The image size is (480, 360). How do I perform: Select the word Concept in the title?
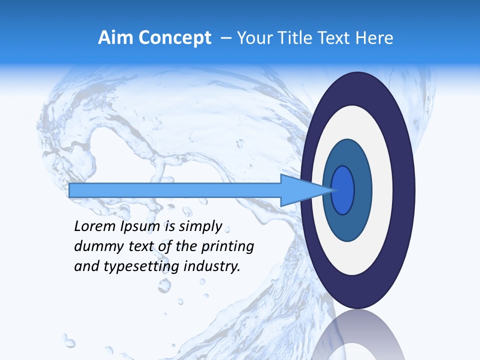point(174,38)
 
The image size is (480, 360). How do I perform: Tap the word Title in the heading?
point(298,38)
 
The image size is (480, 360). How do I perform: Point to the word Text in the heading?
point(336,38)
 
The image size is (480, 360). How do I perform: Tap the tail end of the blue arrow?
point(72,190)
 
